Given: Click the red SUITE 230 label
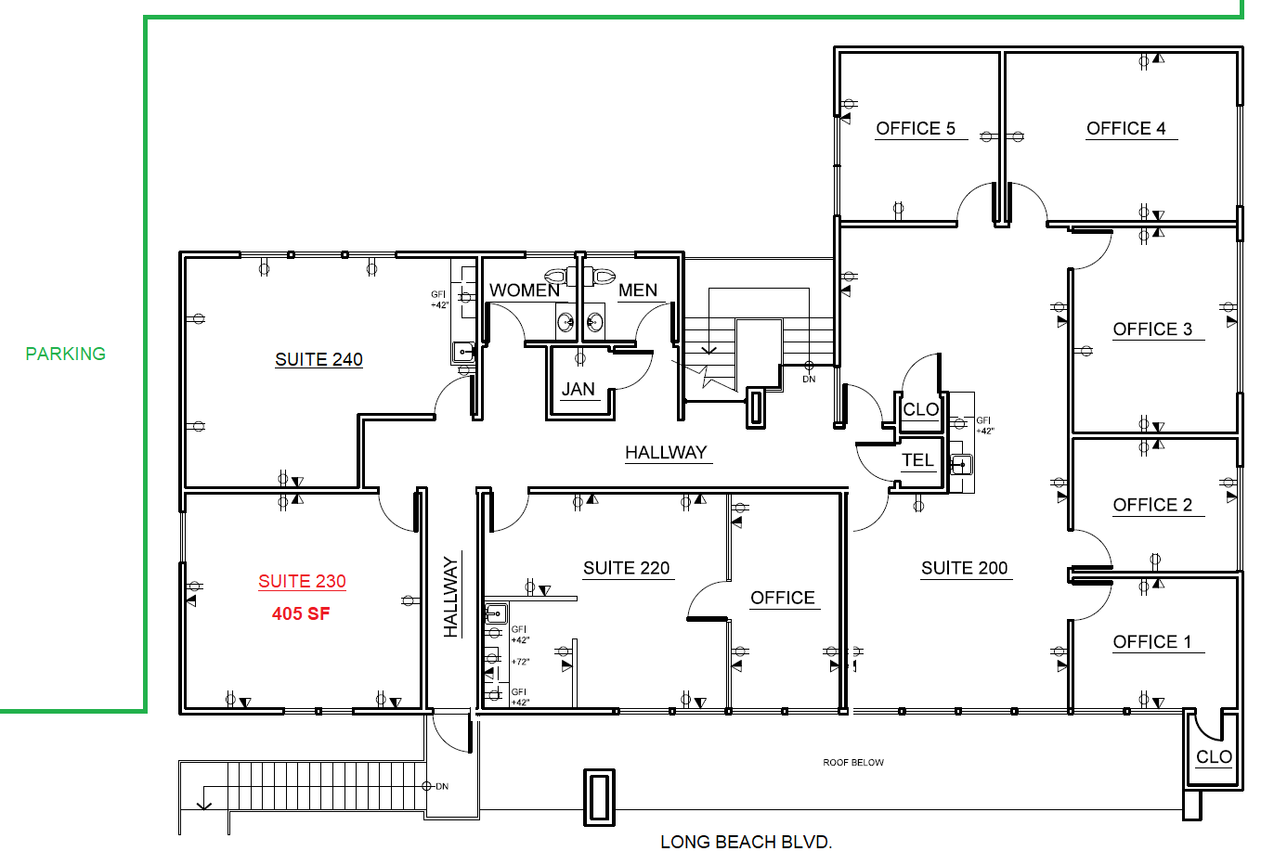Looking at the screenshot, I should [302, 581].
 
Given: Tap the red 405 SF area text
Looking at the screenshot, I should [301, 613].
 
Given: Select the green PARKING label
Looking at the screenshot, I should [65, 354].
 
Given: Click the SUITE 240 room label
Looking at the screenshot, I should [318, 359].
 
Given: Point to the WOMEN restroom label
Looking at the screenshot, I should [525, 290].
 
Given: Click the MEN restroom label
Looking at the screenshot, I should [638, 290].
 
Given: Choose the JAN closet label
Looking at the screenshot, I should [578, 389].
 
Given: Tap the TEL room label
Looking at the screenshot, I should [917, 460].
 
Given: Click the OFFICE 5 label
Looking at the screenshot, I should [916, 128].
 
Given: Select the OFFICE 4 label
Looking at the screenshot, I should [1126, 128].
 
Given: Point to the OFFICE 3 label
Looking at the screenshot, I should [1152, 329].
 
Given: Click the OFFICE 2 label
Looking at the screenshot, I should [1152, 505].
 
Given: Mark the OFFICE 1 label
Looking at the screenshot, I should [1152, 642].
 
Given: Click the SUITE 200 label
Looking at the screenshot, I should [964, 568].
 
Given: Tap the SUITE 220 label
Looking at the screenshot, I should [626, 568].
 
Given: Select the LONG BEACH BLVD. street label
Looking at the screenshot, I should [746, 842].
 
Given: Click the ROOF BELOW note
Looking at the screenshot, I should [852, 763].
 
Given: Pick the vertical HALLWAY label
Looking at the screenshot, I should [451, 597].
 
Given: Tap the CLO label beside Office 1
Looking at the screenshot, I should [1214, 756].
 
